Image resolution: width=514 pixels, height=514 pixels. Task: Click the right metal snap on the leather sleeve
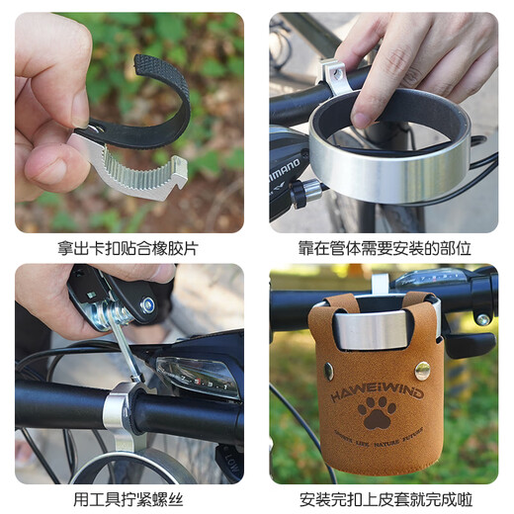[x=422, y=371]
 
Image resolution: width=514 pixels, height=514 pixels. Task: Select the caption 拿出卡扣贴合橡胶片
[x=128, y=247]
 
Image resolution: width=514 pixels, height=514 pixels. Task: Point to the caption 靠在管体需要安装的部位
[x=385, y=247]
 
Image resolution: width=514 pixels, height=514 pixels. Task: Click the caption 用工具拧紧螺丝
[x=128, y=499]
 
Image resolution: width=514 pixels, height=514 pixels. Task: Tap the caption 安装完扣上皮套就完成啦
[x=385, y=499]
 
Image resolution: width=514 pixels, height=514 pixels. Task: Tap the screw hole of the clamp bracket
[x=333, y=69]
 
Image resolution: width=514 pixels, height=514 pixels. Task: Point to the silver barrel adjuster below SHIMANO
[x=309, y=190]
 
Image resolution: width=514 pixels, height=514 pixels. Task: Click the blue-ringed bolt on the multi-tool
[x=147, y=305]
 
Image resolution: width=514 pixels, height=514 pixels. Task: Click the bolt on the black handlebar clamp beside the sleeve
[x=481, y=319]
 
